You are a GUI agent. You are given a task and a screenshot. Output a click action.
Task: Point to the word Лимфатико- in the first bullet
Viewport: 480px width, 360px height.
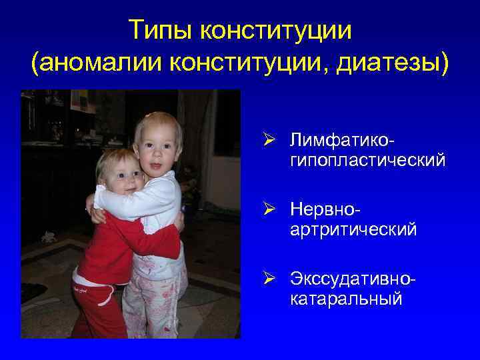point(339,141)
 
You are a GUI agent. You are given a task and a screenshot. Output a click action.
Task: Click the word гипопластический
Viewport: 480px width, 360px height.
point(367,161)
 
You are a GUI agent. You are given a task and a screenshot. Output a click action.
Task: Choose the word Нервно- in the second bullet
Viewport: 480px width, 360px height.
point(327,209)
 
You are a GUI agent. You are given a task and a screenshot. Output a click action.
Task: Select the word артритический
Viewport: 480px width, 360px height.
point(353,229)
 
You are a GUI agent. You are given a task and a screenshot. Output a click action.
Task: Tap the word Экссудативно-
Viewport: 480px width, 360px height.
point(353,278)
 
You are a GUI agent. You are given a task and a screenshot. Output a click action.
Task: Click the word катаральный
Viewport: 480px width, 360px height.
point(346,298)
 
